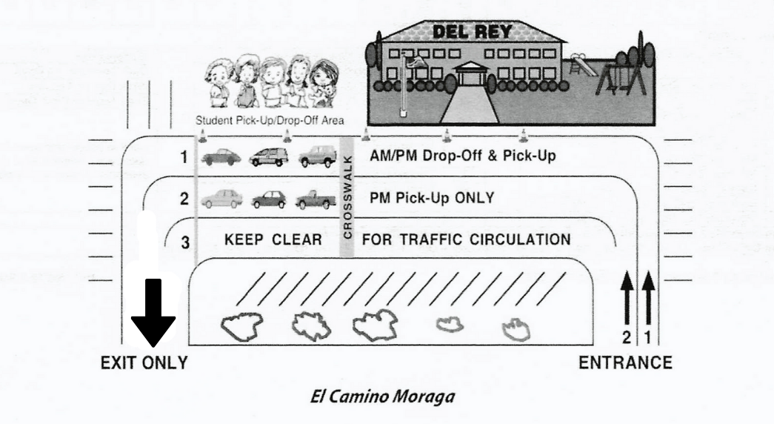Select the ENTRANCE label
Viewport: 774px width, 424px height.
(625, 363)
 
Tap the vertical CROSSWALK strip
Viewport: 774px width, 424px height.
(346, 197)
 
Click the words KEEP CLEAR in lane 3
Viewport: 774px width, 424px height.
(272, 240)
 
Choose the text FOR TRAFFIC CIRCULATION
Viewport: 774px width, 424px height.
(466, 240)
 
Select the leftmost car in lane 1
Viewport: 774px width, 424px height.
(219, 157)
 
